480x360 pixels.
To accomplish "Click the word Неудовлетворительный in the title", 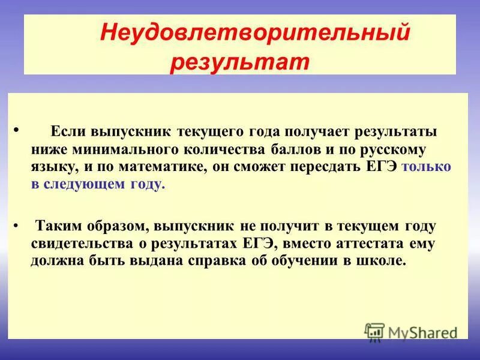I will (254, 32).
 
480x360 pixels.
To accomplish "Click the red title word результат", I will (239, 62).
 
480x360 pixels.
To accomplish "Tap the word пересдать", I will (325, 167).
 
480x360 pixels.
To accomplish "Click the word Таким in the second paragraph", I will (59, 226).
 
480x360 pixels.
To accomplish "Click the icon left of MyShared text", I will (374, 331).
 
